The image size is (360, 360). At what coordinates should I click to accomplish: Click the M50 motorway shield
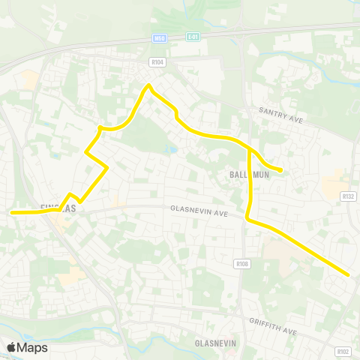(x=158, y=37)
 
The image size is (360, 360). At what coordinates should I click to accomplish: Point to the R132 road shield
(x=347, y=196)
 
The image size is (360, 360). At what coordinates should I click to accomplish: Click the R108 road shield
(x=241, y=263)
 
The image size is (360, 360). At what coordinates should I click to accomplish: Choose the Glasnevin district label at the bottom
(x=215, y=343)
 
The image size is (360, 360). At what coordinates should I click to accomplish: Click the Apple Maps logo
(x=27, y=347)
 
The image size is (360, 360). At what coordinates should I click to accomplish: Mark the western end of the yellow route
(x=12, y=212)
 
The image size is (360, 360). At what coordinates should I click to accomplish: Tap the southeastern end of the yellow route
(x=349, y=274)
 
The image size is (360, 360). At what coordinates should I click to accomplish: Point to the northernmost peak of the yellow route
(x=149, y=85)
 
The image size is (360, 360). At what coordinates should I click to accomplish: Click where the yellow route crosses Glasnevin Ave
(x=248, y=214)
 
